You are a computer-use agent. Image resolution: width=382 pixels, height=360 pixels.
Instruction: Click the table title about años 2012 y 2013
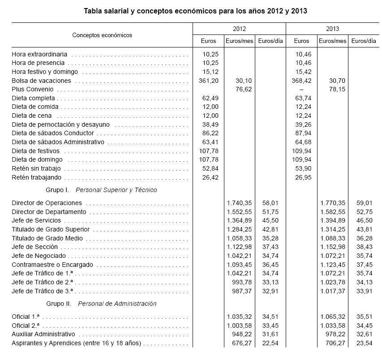pyautogui.click(x=195, y=11)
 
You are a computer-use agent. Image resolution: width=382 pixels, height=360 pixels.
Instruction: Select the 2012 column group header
pyautogui.click(x=239, y=29)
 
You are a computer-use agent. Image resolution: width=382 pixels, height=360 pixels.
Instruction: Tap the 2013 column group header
pyautogui.click(x=332, y=29)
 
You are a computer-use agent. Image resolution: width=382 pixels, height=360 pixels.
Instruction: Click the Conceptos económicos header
pyautogui.click(x=102, y=35)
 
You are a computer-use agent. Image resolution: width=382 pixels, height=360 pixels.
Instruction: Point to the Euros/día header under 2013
pyautogui.click(x=363, y=41)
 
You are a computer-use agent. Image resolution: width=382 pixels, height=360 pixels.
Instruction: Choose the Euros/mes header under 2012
pyautogui.click(x=239, y=41)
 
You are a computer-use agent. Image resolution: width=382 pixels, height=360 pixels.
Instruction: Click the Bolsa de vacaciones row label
pyautogui.click(x=41, y=81)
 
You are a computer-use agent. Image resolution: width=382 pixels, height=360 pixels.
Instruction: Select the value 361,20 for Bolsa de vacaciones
pyautogui.click(x=208, y=81)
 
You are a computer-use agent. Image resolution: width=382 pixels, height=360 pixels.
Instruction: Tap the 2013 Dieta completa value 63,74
pyautogui.click(x=301, y=98)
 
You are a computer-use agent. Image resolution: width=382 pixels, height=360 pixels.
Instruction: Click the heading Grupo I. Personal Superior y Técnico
pyautogui.click(x=101, y=190)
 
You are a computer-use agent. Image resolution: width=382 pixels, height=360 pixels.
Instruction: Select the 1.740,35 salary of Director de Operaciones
pyautogui.click(x=239, y=203)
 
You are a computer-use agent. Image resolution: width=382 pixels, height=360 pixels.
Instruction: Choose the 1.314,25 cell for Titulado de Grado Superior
pyautogui.click(x=332, y=229)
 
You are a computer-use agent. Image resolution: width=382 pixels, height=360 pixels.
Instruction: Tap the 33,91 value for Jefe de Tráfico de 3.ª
pyautogui.click(x=365, y=291)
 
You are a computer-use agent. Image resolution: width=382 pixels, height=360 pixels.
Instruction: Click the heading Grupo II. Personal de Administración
pyautogui.click(x=101, y=304)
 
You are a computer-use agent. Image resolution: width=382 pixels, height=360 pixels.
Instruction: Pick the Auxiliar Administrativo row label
pyautogui.click(x=43, y=334)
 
